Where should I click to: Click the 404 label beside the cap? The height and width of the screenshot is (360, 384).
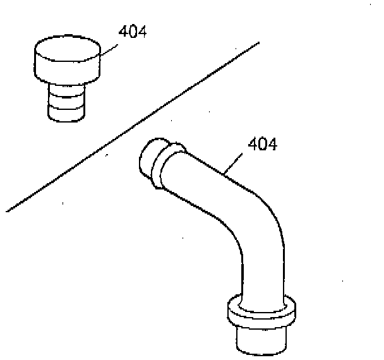(x=133, y=32)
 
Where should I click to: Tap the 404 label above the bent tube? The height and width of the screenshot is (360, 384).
(x=262, y=144)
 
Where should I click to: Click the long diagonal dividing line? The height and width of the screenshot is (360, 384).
(x=133, y=126)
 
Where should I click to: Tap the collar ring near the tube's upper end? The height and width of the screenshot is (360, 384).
(x=171, y=165)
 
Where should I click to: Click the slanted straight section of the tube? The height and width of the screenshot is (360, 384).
(x=208, y=183)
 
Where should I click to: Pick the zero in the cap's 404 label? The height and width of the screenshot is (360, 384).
(x=133, y=32)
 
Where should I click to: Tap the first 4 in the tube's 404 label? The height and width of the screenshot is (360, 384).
(x=252, y=144)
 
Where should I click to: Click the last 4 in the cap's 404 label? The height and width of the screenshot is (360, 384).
(x=142, y=32)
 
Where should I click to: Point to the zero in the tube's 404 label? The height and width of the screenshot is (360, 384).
(x=262, y=144)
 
